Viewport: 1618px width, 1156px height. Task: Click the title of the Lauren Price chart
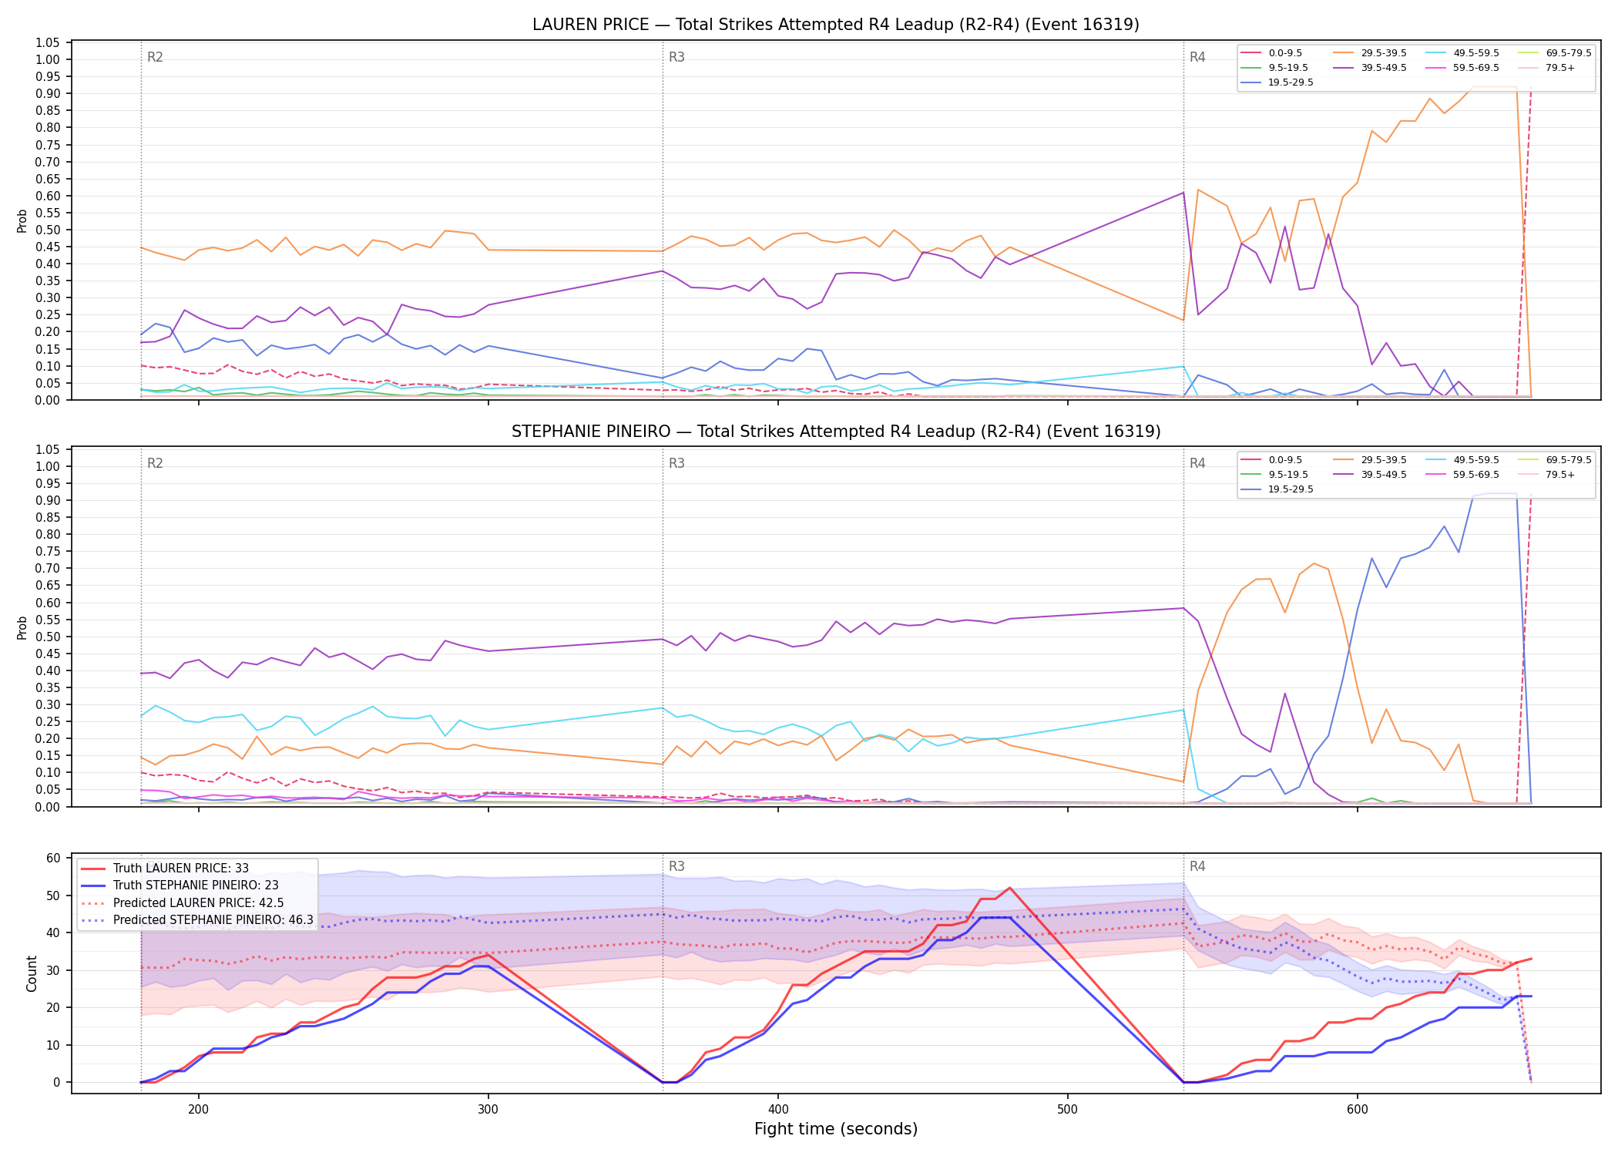coord(836,25)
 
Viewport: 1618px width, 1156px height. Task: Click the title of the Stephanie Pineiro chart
coord(836,432)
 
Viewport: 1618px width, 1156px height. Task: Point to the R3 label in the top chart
coord(676,57)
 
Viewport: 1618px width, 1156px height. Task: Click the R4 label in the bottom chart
coord(1197,866)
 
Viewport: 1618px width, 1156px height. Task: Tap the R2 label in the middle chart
coord(155,463)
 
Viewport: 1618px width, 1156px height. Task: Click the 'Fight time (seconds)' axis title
coord(836,1129)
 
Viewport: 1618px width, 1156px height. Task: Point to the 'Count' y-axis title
coord(32,973)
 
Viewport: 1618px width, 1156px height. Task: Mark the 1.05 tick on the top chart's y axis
coord(48,42)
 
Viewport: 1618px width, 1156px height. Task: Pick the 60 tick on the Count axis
coord(53,858)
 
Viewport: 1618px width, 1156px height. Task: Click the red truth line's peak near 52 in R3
coord(1009,888)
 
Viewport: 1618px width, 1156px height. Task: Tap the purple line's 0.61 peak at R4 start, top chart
coord(1183,192)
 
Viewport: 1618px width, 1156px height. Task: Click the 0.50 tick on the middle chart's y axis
coord(48,637)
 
